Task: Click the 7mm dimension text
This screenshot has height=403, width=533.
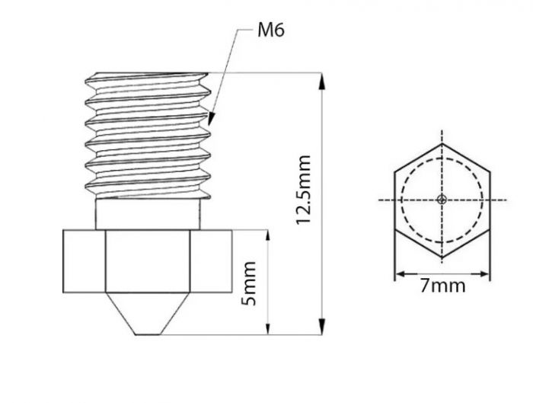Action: click(x=442, y=287)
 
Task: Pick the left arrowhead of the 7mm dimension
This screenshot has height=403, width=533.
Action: click(x=398, y=273)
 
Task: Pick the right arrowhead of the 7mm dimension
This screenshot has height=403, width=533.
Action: click(x=485, y=273)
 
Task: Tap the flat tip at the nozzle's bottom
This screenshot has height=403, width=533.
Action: click(x=148, y=334)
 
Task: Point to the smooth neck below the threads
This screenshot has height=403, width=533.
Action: click(x=148, y=213)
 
